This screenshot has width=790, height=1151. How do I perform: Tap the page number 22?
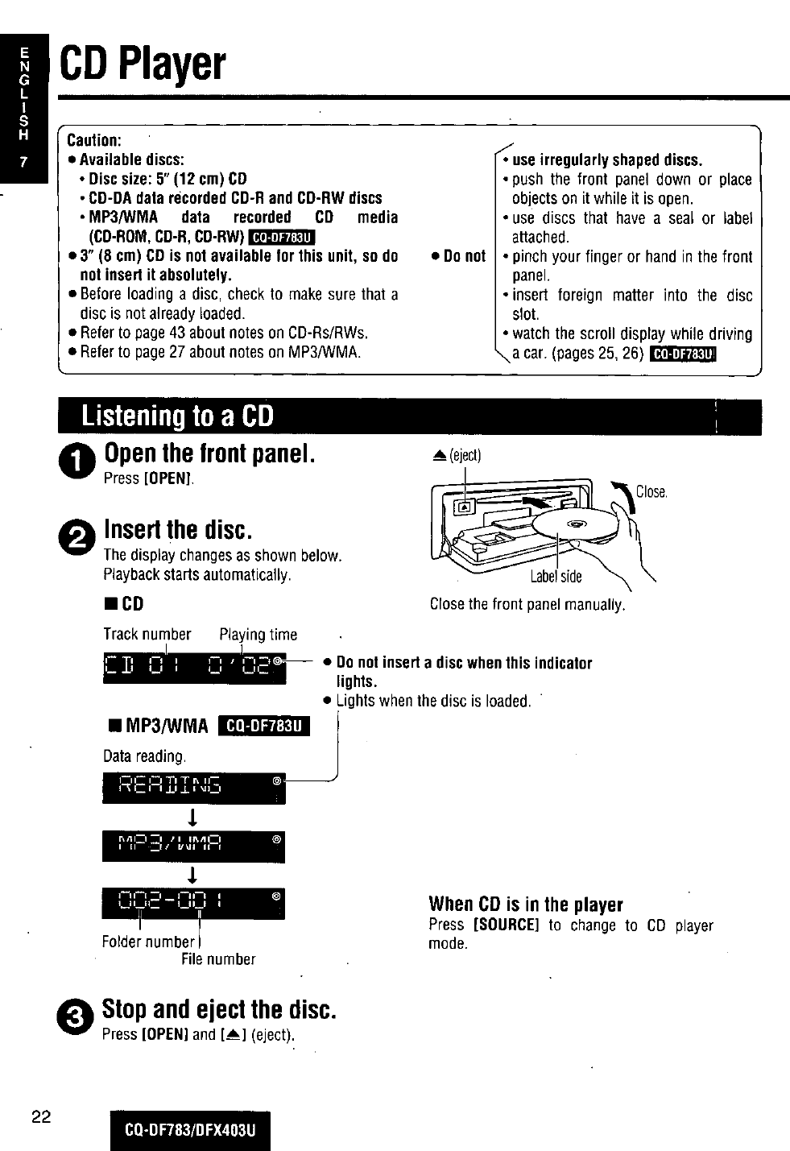click(42, 1116)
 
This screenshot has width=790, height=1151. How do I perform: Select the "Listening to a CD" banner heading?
click(178, 416)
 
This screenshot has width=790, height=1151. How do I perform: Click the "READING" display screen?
click(194, 787)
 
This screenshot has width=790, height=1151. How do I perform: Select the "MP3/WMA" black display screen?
click(194, 846)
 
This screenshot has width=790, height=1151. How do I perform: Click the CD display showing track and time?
click(195, 667)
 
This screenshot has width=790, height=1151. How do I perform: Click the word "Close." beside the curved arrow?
click(651, 492)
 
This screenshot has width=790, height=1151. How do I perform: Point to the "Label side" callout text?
click(556, 576)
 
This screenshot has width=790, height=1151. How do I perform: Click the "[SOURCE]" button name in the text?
click(506, 925)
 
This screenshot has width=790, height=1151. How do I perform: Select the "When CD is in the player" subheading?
click(526, 904)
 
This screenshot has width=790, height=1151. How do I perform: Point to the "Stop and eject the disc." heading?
click(219, 1009)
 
